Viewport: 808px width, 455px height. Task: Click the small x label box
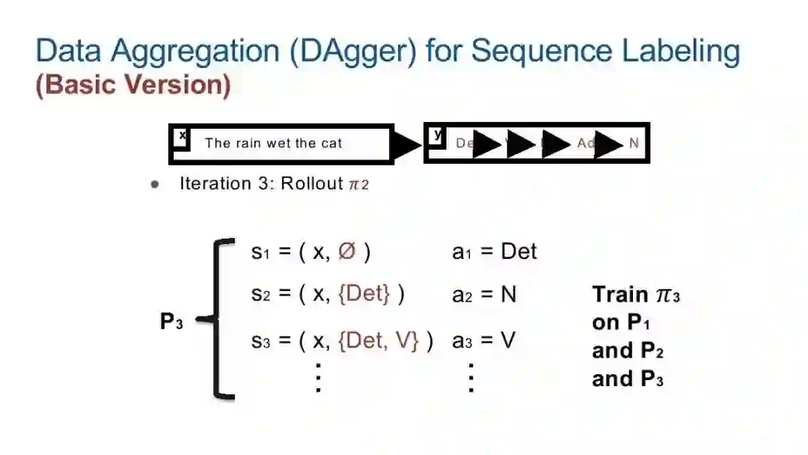click(x=182, y=137)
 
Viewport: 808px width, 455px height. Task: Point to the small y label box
click(x=438, y=135)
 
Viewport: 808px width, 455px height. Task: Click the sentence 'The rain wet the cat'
click(x=273, y=143)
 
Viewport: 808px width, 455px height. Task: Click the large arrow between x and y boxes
click(x=407, y=144)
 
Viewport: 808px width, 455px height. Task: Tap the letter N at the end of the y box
click(x=634, y=143)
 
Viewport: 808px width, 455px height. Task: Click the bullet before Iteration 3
click(x=155, y=184)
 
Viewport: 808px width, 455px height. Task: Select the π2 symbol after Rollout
click(x=359, y=184)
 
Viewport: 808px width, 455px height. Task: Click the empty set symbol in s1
click(x=346, y=252)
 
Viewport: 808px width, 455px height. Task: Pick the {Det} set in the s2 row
click(x=364, y=294)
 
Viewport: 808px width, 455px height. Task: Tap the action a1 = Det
click(x=495, y=252)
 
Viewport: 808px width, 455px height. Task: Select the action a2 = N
click(x=484, y=294)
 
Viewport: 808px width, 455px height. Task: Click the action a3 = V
click(x=483, y=341)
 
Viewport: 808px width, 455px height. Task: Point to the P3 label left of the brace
click(x=171, y=322)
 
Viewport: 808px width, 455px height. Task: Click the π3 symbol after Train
click(x=667, y=295)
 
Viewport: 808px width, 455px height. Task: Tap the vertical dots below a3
click(x=471, y=378)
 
